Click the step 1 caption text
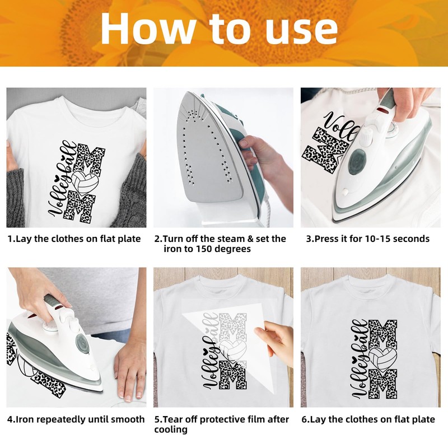(x=74, y=239)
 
